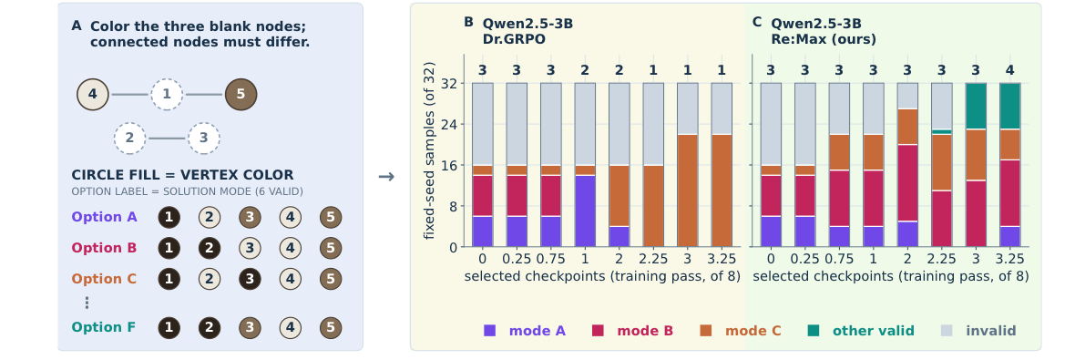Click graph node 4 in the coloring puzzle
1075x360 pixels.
(x=93, y=95)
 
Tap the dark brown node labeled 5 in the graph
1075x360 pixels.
(x=241, y=95)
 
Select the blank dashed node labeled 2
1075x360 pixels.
(x=129, y=139)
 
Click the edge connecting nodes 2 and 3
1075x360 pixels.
(x=167, y=139)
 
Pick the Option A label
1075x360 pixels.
(x=104, y=218)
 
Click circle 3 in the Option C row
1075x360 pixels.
(x=250, y=279)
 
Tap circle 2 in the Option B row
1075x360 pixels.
(x=210, y=248)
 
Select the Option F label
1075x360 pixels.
(x=104, y=328)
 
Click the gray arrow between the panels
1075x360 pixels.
(x=386, y=177)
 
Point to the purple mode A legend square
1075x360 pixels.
(x=489, y=331)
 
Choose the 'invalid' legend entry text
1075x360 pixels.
(x=990, y=331)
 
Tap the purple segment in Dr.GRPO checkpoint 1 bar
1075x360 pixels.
(x=585, y=211)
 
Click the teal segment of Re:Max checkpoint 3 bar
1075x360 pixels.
(x=976, y=107)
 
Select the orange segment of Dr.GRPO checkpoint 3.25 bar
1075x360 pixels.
(x=722, y=190)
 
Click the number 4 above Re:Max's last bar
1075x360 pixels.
(x=1010, y=70)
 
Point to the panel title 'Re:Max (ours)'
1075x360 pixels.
(x=824, y=40)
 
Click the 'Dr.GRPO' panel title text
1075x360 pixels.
(x=514, y=40)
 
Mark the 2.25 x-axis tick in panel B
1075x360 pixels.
(x=653, y=259)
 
